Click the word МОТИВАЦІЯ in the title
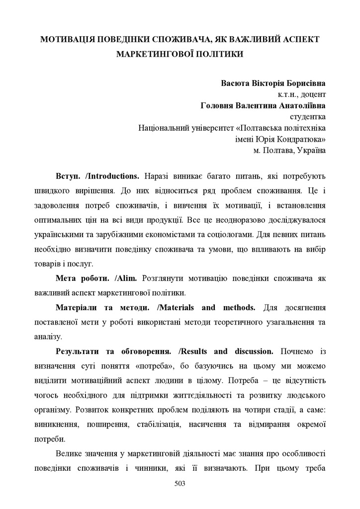tap(67, 39)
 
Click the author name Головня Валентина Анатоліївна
tap(263, 105)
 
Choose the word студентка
tap(308, 117)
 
